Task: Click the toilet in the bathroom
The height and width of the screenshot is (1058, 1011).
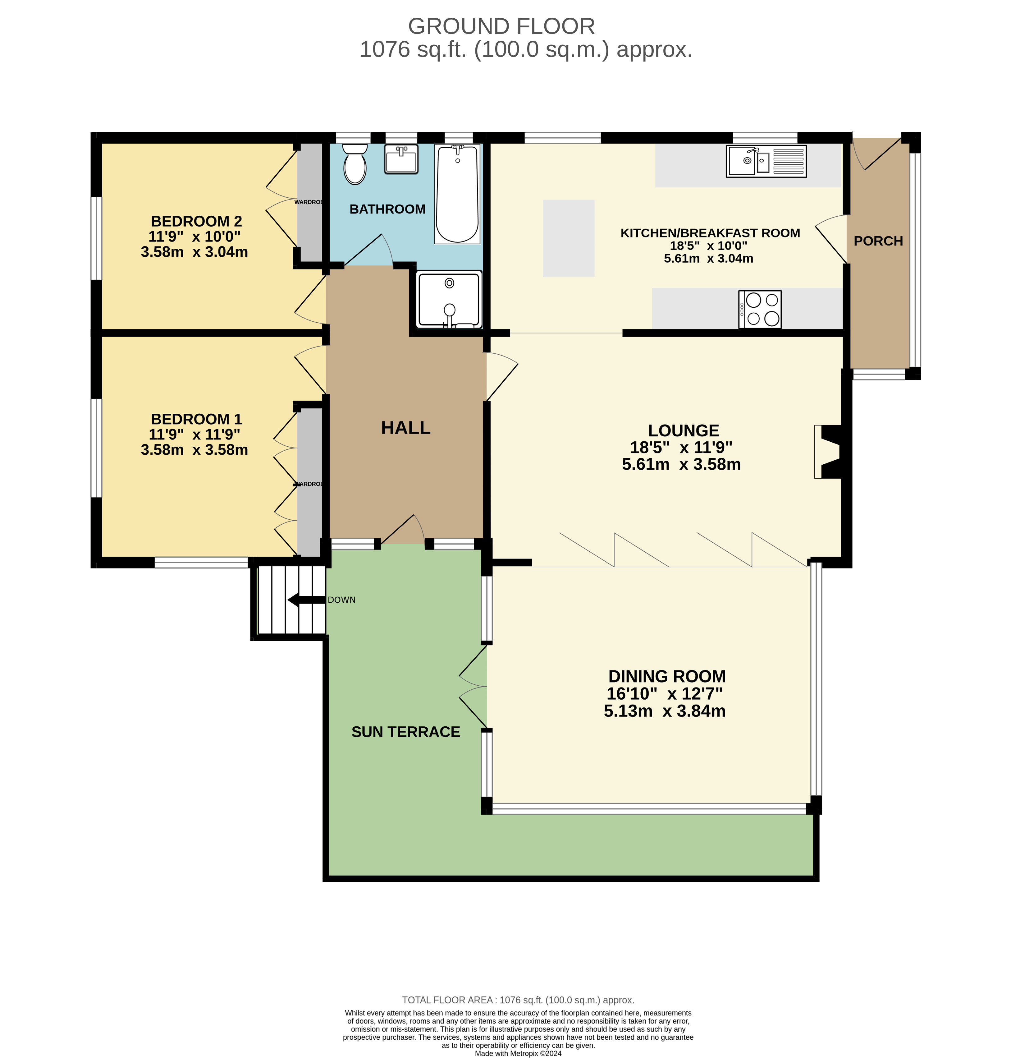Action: point(355,164)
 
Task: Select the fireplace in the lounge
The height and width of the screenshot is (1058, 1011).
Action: point(828,452)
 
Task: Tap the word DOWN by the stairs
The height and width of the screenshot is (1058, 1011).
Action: point(342,600)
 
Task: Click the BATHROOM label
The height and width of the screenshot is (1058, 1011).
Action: point(387,209)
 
